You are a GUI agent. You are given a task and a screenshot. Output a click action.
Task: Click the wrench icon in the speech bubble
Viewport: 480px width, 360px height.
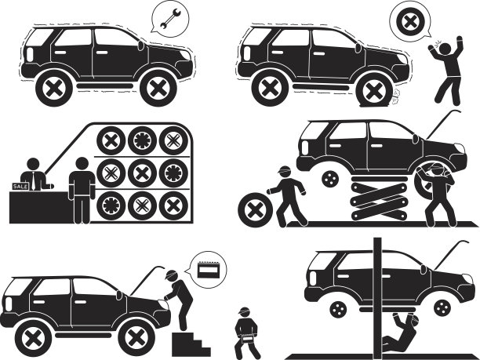click(x=170, y=19)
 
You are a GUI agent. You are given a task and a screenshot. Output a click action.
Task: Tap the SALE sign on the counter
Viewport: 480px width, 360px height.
click(x=20, y=186)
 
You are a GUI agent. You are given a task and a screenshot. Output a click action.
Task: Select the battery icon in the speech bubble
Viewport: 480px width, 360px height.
click(x=208, y=269)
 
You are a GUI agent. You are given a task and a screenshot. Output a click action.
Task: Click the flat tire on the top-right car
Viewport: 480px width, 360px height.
click(x=373, y=91)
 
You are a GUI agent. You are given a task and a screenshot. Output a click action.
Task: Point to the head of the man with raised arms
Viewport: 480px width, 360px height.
click(x=445, y=49)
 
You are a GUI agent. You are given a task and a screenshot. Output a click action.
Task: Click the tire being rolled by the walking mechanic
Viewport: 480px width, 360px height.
click(x=255, y=210)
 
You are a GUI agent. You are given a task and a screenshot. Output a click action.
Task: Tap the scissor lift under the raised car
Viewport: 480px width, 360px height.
click(x=379, y=198)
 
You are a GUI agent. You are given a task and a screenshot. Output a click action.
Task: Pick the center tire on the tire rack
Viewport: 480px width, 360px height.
click(x=142, y=173)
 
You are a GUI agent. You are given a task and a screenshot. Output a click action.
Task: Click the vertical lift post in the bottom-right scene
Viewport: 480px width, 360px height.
click(x=377, y=298)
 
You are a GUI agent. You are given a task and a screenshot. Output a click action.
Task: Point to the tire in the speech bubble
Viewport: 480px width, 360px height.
click(x=409, y=22)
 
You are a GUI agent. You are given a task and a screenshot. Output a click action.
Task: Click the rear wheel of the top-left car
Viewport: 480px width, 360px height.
click(x=54, y=89)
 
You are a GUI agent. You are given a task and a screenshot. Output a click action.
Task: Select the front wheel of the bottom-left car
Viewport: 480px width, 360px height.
click(x=135, y=339)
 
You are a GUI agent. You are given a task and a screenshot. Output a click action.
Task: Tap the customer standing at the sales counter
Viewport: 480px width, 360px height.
click(x=82, y=191)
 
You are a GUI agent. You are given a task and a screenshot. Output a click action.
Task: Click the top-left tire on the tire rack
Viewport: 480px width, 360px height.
click(x=111, y=140)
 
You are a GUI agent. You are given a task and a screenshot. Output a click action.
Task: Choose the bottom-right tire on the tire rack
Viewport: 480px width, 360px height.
click(x=173, y=205)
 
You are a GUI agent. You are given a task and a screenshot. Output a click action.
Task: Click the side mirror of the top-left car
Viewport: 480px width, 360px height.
click(x=141, y=45)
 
